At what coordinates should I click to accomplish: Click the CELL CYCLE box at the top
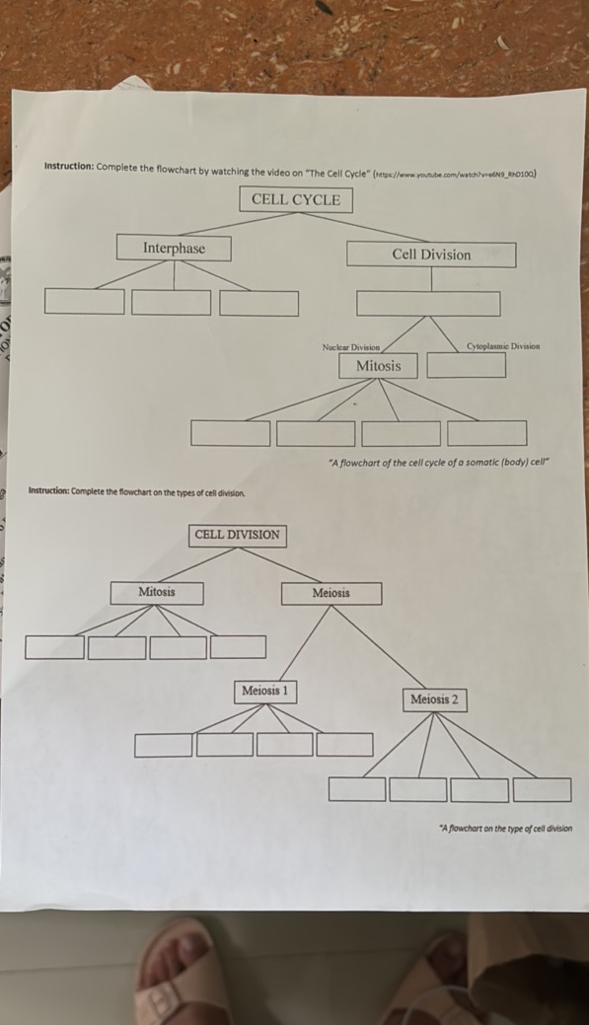coord(296,199)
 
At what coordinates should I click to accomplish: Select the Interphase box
coord(174,248)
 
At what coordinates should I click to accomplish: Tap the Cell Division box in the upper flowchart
coord(431,255)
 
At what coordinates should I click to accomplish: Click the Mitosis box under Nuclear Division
coord(379,366)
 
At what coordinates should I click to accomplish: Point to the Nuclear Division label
coord(350,346)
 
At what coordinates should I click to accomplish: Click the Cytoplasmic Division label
coord(503,346)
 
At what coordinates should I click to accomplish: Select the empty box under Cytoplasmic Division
coord(467,365)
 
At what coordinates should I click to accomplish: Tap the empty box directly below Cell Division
coord(428,303)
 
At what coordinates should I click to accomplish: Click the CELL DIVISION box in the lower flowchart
coord(237,535)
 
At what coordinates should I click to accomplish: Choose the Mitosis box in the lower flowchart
coord(157,592)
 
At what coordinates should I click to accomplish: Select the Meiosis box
coord(331,593)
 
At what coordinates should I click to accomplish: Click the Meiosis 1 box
coord(265,691)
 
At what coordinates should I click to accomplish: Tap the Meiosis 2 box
coord(434,699)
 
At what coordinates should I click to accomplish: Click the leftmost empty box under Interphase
coord(85,302)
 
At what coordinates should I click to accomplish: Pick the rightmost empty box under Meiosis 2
coord(542,789)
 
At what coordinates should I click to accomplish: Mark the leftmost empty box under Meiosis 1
coord(164,745)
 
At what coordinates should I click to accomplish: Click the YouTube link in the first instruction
coord(455,173)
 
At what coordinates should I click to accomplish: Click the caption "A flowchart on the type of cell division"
coord(505,829)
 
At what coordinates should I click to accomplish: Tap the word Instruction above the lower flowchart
coord(48,491)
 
